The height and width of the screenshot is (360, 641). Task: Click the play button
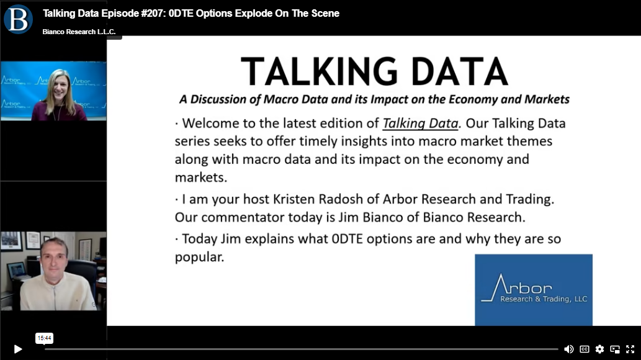(18, 349)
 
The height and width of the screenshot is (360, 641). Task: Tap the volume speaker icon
(568, 349)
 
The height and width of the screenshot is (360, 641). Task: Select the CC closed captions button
(585, 349)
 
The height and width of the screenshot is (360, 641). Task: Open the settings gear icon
(599, 349)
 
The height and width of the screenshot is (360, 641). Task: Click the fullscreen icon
(630, 349)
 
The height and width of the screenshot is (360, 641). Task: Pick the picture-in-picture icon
(615, 349)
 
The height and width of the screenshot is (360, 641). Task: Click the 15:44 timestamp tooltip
(44, 338)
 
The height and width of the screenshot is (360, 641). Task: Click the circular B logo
(18, 19)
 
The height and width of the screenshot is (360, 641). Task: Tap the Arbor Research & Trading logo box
(534, 290)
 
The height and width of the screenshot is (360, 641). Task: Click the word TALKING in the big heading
(320, 71)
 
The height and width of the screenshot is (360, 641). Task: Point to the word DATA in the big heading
(459, 71)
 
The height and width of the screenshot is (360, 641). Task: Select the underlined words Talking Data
(420, 123)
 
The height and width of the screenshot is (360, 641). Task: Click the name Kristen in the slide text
(294, 199)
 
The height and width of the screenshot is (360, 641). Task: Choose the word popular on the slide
(199, 258)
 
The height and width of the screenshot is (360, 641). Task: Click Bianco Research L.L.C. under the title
(79, 32)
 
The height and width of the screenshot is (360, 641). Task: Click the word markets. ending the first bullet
(200, 177)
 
